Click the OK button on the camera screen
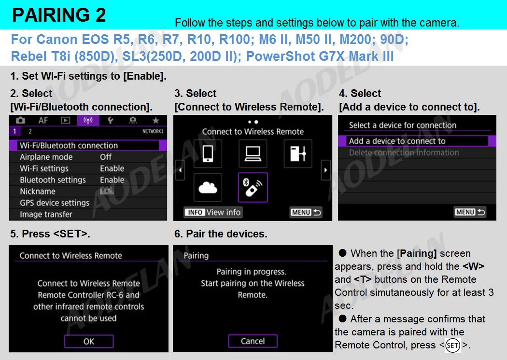coord(89,341)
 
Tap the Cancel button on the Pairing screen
coord(253,341)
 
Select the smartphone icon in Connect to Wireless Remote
coord(208,153)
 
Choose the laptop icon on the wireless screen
coord(253,153)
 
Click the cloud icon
coord(208,187)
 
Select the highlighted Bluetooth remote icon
coord(253,187)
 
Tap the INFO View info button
coord(213,212)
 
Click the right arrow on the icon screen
coord(325,170)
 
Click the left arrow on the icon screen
coord(180,170)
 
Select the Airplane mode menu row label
coord(46,157)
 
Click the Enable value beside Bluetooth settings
coord(112,180)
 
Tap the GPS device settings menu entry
coord(55,203)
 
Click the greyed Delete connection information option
coord(404,152)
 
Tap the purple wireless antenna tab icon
coord(88,121)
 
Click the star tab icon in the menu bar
coord(155,121)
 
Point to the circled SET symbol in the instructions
coord(453,346)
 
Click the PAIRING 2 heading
coord(59,15)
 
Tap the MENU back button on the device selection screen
coord(470,212)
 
